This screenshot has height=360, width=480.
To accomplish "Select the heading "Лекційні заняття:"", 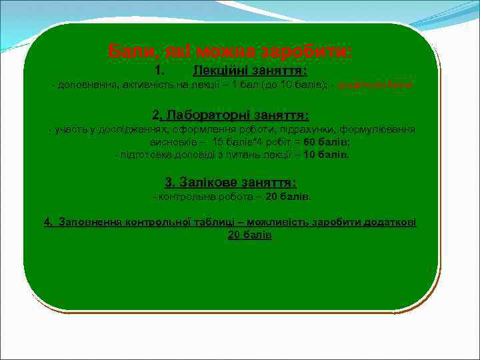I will (249, 70).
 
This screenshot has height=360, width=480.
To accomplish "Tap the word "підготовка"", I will (142, 155).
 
